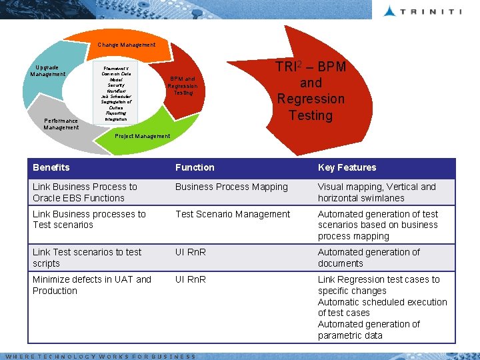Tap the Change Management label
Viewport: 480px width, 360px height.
tap(126, 45)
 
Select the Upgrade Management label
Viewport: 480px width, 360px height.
tap(47, 71)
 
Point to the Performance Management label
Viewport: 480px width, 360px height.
tap(61, 124)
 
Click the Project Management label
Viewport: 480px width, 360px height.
tap(143, 136)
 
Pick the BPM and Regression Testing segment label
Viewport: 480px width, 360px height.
tap(183, 85)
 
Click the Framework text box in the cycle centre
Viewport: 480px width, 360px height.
tap(116, 93)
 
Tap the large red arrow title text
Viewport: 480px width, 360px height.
tap(311, 91)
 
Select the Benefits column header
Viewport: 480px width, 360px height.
tap(51, 167)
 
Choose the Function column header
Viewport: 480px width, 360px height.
tap(195, 167)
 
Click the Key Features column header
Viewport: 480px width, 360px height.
tap(347, 167)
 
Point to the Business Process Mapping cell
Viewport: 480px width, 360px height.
tap(231, 187)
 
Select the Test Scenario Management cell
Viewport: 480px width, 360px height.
tap(233, 214)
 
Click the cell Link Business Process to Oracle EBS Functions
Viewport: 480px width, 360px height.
tap(85, 192)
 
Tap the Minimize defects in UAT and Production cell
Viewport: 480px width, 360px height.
tap(92, 285)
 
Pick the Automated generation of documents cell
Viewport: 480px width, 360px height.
tap(369, 257)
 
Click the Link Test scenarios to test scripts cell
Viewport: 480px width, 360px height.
tap(87, 257)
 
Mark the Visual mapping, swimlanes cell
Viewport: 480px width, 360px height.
tap(377, 192)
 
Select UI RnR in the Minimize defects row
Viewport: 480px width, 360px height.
tap(190, 279)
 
